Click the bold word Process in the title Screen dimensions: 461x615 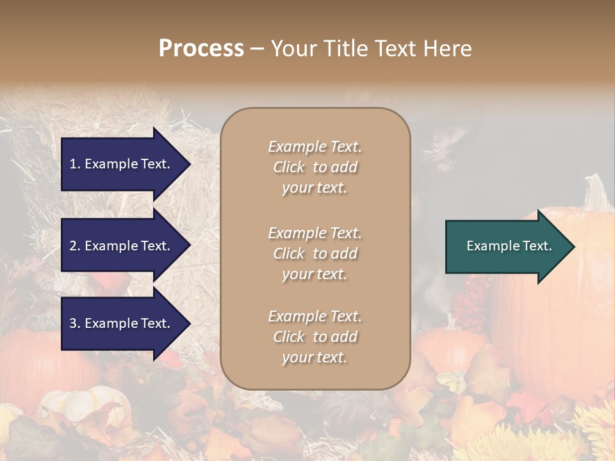coord(201,49)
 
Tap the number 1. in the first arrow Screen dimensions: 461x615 coord(75,164)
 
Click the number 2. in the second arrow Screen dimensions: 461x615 coord(75,246)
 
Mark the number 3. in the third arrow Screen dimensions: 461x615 coord(75,323)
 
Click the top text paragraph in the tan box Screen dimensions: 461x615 coord(315,167)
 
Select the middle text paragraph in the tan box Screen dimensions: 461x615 coord(315,254)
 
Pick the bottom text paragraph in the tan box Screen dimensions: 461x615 coord(315,337)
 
